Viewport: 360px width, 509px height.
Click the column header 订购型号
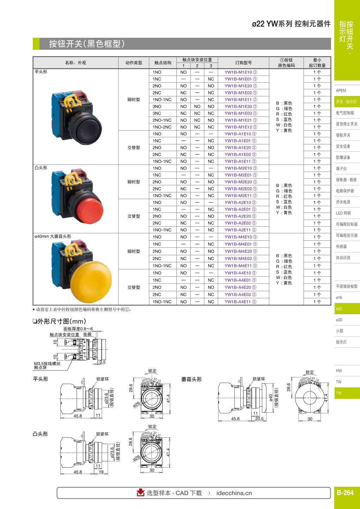pyautogui.click(x=244, y=63)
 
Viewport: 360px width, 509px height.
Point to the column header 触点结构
pyautogui.click(x=163, y=63)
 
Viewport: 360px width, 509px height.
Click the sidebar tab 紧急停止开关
pyautogui.click(x=347, y=124)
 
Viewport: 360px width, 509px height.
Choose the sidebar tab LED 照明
pyautogui.click(x=343, y=213)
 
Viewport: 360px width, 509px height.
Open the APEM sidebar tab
pyautogui.click(x=341, y=91)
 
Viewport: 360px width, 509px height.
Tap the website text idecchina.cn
pyautogui.click(x=234, y=493)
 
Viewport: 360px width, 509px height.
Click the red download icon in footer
pyautogui.click(x=140, y=493)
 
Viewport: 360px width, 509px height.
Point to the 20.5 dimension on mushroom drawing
pyautogui.click(x=259, y=419)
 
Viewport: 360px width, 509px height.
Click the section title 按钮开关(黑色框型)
pyautogui.click(x=87, y=44)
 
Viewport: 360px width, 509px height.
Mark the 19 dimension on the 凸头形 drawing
pyautogui.click(x=101, y=472)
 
